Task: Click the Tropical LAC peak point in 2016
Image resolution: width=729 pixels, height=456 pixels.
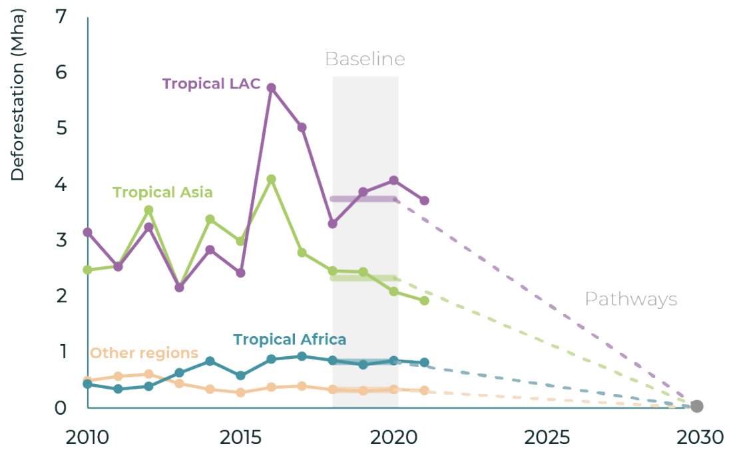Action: (271, 88)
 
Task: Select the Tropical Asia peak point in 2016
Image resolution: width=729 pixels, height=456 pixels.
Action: (271, 179)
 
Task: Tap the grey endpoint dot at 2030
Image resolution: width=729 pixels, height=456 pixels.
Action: (696, 406)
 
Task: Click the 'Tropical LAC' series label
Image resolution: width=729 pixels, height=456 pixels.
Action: (211, 84)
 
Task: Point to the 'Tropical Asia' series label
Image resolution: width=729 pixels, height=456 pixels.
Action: (162, 192)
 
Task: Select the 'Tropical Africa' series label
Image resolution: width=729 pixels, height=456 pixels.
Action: (290, 339)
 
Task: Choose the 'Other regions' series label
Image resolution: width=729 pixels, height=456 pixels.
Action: (144, 353)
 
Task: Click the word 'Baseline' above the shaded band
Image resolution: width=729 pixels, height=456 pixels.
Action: (365, 59)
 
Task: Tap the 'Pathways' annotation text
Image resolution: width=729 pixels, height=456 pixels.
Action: (630, 300)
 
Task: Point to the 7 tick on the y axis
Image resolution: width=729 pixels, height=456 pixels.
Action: (61, 16)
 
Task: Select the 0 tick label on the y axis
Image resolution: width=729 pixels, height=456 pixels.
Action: (61, 407)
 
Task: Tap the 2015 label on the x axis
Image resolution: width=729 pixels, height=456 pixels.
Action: (240, 437)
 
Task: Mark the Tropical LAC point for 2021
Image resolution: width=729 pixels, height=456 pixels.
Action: (424, 200)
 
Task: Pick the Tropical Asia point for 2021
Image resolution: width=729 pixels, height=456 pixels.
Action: (424, 301)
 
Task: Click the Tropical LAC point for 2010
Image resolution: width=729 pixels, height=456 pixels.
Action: (87, 232)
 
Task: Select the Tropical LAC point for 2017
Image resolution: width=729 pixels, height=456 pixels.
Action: (302, 127)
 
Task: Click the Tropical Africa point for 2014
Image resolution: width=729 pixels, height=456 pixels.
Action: (210, 361)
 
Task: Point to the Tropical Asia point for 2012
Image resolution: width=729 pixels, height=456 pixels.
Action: (148, 210)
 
